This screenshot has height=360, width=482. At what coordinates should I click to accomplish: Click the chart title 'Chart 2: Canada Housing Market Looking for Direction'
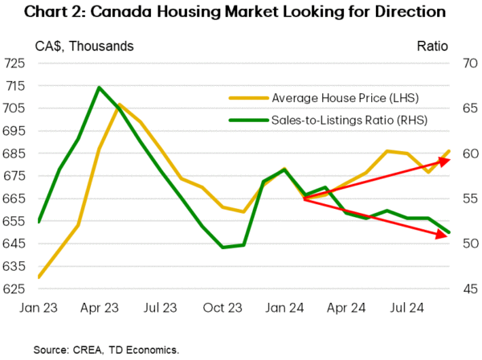(241, 13)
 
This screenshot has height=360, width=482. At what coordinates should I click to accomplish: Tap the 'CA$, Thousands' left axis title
(84, 46)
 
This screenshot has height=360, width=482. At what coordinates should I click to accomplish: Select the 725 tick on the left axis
(15, 63)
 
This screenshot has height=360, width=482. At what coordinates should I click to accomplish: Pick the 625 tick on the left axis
(15, 288)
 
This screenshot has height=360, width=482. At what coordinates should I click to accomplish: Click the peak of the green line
(99, 87)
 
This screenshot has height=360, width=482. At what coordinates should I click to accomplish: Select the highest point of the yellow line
(120, 104)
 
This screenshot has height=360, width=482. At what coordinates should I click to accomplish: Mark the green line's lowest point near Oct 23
(223, 247)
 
